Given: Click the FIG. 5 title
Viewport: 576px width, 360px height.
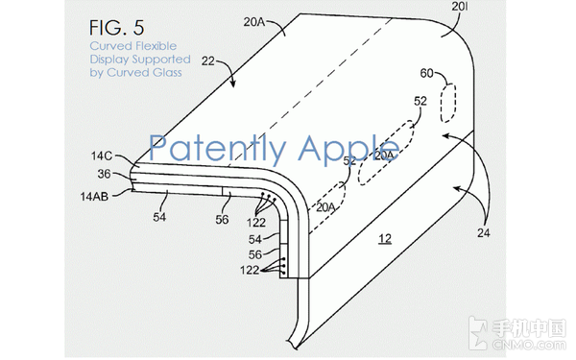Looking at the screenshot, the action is point(117,28).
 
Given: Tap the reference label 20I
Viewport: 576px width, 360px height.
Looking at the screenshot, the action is point(460,7).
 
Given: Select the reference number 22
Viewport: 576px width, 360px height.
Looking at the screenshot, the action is point(208,60).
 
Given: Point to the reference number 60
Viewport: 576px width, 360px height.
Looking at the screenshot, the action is point(426,74).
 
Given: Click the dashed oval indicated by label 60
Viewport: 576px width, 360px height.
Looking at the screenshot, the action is point(448,104).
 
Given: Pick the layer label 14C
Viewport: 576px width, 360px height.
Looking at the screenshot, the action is point(102,156).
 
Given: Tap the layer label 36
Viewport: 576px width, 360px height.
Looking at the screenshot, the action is point(104,174).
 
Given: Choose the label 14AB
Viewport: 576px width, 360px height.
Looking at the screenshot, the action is point(94,197).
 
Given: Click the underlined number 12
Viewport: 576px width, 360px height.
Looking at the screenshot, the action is point(385,239).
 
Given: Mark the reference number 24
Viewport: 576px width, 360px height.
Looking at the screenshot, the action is point(484,232).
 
